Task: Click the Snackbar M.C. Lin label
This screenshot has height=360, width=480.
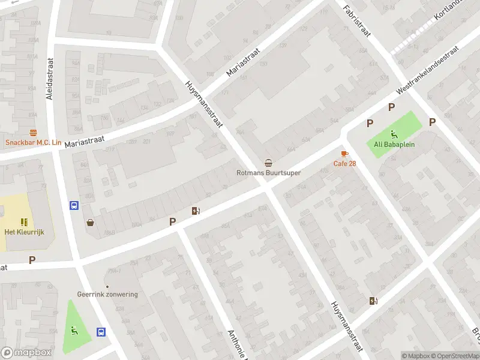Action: click(x=34, y=142)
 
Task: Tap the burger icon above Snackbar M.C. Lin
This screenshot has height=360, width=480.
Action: click(x=33, y=133)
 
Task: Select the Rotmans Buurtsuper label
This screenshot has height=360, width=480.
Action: click(x=268, y=173)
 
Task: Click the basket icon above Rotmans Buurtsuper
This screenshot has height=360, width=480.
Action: click(x=268, y=163)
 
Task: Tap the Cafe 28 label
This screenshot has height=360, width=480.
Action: click(x=344, y=164)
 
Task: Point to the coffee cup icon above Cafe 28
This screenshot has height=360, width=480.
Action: click(x=344, y=154)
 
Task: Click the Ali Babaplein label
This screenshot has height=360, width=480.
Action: click(x=395, y=144)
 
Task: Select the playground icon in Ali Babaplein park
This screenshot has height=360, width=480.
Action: click(x=394, y=134)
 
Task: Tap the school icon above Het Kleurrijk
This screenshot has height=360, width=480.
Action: click(x=25, y=222)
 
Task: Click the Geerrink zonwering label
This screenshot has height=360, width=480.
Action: click(x=107, y=294)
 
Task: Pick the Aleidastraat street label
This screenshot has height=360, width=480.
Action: click(x=50, y=78)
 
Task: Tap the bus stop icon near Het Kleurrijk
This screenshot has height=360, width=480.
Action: click(x=74, y=205)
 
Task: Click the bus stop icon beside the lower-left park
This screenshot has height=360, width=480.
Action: click(x=101, y=332)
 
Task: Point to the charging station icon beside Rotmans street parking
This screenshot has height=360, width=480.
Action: click(x=195, y=211)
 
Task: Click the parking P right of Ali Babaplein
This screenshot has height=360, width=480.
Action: click(x=432, y=122)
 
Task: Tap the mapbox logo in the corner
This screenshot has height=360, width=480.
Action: click(x=27, y=353)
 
